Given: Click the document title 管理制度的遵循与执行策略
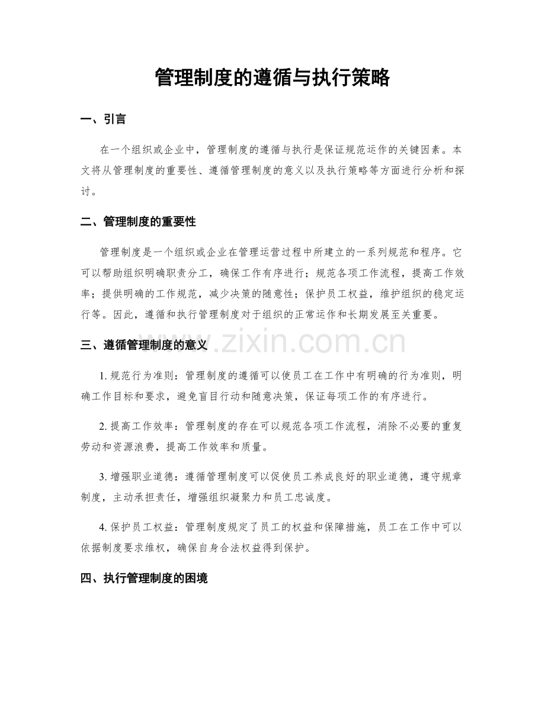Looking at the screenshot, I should pyautogui.click(x=272, y=78).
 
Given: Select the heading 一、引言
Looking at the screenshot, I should pyautogui.click(x=102, y=120).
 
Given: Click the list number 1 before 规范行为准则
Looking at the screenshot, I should pyautogui.click(x=103, y=376).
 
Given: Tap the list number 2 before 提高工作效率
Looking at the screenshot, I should pyautogui.click(x=103, y=426).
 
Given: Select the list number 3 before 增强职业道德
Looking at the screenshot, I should pyautogui.click(x=103, y=477).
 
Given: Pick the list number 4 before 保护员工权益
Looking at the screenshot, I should pyautogui.click(x=103, y=527).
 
